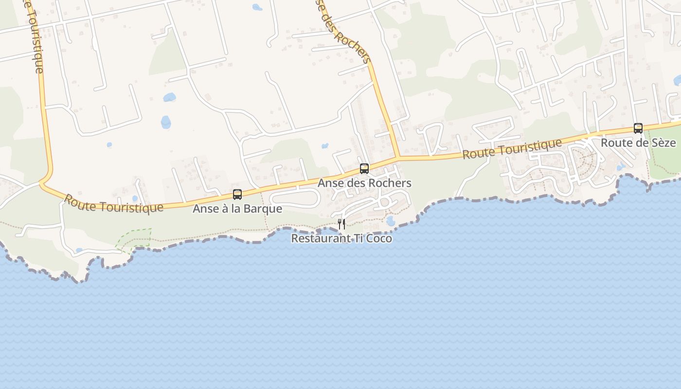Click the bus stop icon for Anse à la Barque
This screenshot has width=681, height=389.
click(x=237, y=194)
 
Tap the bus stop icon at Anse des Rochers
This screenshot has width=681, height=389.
click(x=364, y=169)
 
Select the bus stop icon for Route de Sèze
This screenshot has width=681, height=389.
click(x=638, y=128)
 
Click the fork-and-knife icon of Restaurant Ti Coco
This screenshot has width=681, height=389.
click(x=341, y=224)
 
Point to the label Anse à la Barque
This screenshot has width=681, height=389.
click(x=237, y=209)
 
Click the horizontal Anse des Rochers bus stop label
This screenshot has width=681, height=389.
click(x=364, y=183)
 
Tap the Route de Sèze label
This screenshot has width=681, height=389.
click(x=638, y=143)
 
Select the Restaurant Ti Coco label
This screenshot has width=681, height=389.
click(x=341, y=239)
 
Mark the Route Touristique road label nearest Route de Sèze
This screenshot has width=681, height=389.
click(x=512, y=149)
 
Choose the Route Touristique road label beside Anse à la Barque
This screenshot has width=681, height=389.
click(x=113, y=204)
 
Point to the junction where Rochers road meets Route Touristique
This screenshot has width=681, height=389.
click(x=398, y=158)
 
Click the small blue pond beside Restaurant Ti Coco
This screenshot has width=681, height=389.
click(x=390, y=221)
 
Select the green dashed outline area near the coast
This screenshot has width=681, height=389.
click(x=134, y=239)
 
